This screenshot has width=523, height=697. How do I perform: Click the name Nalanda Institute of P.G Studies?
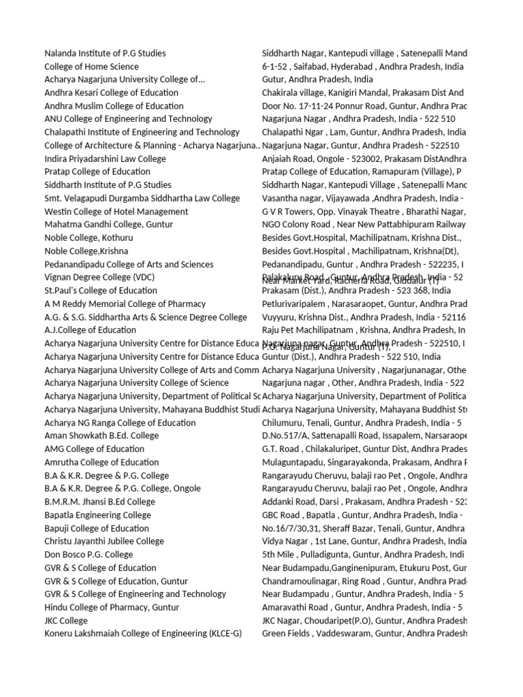click(x=105, y=53)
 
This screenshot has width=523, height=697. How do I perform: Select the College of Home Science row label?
click(x=91, y=67)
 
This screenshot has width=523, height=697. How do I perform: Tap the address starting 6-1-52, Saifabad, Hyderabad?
click(x=363, y=67)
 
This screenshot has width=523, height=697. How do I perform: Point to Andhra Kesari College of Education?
click(x=111, y=93)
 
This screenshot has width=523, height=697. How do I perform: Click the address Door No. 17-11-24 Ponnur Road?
click(x=364, y=106)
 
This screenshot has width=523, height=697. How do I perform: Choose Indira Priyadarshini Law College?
click(x=105, y=159)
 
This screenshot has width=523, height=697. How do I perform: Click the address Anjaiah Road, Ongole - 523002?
click(x=364, y=159)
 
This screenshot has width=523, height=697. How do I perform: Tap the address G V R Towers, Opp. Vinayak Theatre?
click(x=364, y=212)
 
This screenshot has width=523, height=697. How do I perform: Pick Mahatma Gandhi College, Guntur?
click(x=108, y=225)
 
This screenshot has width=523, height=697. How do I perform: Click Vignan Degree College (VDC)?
click(x=99, y=278)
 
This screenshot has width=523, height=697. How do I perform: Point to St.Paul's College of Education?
click(x=100, y=291)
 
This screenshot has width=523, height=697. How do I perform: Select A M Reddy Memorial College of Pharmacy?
click(x=125, y=304)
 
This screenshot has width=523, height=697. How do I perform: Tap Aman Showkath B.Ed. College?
click(x=101, y=436)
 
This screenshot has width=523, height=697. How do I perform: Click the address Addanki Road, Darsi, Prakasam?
click(x=364, y=502)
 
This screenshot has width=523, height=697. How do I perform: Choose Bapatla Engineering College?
click(x=97, y=515)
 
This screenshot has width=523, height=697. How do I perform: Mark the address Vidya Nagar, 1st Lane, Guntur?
click(x=364, y=542)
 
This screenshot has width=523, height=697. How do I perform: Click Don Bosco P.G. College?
click(x=89, y=555)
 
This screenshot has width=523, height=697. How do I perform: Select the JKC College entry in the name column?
click(x=66, y=621)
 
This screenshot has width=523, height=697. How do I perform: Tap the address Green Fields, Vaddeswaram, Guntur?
click(x=364, y=634)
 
